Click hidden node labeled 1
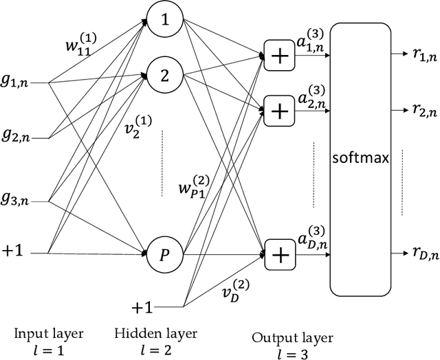(165, 21)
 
